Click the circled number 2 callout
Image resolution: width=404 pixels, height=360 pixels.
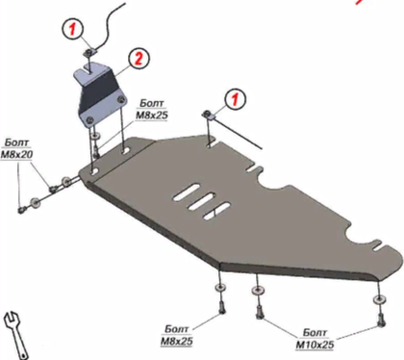tap(139, 59)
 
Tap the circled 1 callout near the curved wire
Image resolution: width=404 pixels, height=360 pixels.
tap(73, 29)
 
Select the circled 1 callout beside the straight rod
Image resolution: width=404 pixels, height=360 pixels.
tap(235, 99)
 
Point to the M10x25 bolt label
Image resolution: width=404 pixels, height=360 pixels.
tap(315, 339)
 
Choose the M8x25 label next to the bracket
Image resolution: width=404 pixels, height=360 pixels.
tap(152, 109)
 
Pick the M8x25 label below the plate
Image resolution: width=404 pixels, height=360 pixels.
tap(177, 335)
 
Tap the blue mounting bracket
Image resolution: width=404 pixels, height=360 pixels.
tap(99, 95)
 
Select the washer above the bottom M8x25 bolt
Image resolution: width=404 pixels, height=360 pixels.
tap(220, 287)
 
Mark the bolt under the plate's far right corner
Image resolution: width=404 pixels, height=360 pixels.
tap(380, 320)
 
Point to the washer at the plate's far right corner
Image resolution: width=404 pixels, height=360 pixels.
tap(379, 299)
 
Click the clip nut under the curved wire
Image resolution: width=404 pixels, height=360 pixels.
tap(89, 52)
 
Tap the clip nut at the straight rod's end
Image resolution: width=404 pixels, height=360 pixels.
tap(208, 115)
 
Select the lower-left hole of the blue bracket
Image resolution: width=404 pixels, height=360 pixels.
tap(89, 120)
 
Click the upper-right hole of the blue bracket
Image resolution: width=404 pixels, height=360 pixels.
tap(120, 100)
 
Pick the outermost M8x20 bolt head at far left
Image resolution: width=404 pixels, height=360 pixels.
tap(22, 210)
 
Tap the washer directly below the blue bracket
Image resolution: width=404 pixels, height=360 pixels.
tap(95, 137)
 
